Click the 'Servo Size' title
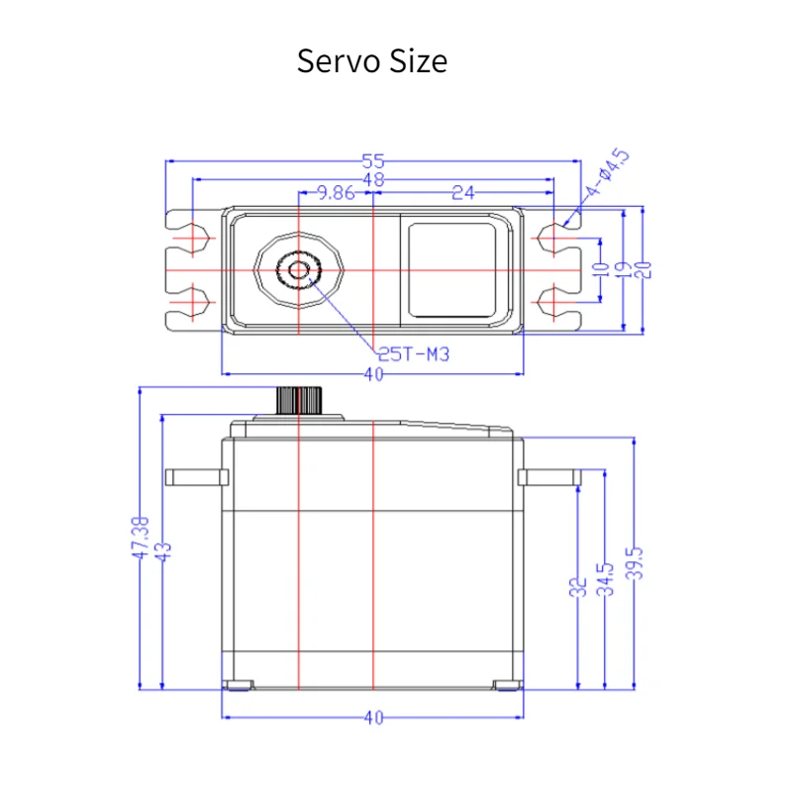pyautogui.click(x=372, y=61)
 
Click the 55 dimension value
pyautogui.click(x=373, y=161)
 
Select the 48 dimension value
pyautogui.click(x=374, y=179)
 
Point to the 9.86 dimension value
pyautogui.click(x=336, y=192)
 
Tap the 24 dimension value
pyautogui.click(x=463, y=192)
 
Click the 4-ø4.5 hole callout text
pyautogui.click(x=607, y=172)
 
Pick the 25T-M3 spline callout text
pyautogui.click(x=413, y=354)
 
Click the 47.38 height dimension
pyautogui.click(x=141, y=538)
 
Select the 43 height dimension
pyautogui.click(x=163, y=551)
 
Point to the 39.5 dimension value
pyautogui.click(x=635, y=562)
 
